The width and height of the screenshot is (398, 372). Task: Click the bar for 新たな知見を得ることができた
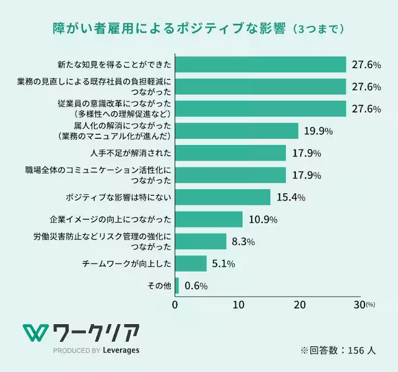pyautogui.click(x=260, y=65)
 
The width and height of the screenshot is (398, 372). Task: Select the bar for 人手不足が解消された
pyautogui.click(x=230, y=153)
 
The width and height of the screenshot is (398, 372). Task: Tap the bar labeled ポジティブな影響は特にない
pyautogui.click(x=222, y=197)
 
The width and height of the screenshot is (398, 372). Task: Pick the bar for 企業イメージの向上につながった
pyautogui.click(x=209, y=219)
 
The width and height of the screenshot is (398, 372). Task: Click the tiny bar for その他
pyautogui.click(x=177, y=286)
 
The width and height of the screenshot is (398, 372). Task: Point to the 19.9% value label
pyautogui.click(x=318, y=131)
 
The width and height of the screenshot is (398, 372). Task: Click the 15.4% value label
pyautogui.click(x=291, y=197)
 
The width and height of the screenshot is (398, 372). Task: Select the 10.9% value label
pyautogui.click(x=263, y=220)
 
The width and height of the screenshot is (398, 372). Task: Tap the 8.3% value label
pyautogui.click(x=243, y=242)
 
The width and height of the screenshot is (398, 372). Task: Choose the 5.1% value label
pyautogui.click(x=223, y=264)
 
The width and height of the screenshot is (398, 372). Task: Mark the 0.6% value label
pyautogui.click(x=196, y=286)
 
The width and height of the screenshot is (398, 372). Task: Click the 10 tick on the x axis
pyautogui.click(x=238, y=305)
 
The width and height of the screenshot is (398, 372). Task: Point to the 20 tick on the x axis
pyautogui.click(x=299, y=305)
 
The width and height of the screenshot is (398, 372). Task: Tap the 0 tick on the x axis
pyautogui.click(x=175, y=305)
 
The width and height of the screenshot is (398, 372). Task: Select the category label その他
pyautogui.click(x=159, y=286)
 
